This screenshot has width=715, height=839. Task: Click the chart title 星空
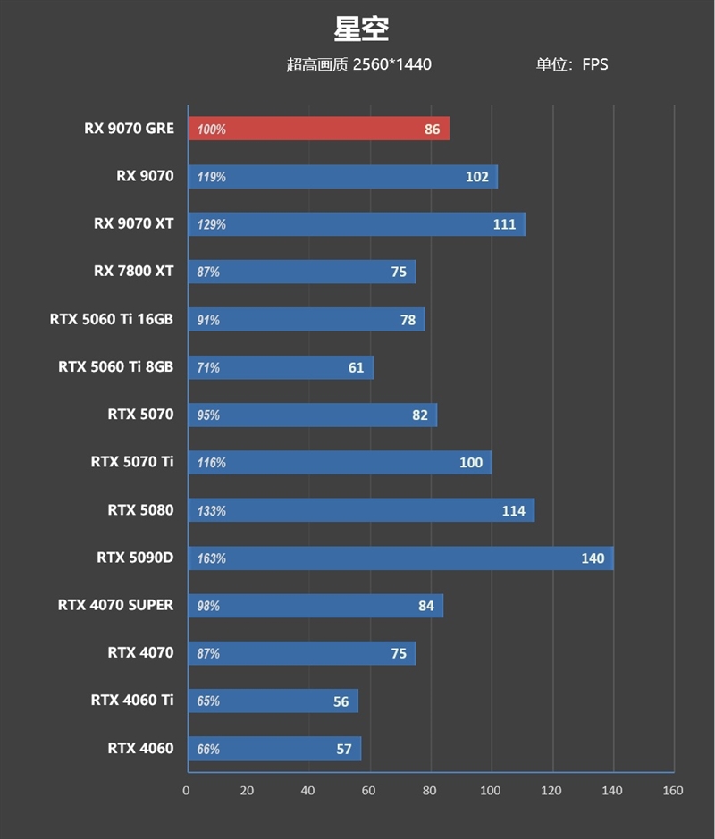361,29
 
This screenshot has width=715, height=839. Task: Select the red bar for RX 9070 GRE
318,129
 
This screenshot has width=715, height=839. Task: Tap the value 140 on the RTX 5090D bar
593,558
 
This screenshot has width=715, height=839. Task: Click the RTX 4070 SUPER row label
115,605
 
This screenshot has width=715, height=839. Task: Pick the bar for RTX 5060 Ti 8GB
281,367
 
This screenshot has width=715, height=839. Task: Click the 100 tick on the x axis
490,790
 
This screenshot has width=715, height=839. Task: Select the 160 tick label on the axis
672,790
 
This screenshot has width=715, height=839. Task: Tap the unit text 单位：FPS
572,64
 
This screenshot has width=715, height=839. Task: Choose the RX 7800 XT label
133,271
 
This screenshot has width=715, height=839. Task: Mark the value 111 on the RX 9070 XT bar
505,224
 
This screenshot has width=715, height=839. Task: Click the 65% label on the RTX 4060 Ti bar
208,701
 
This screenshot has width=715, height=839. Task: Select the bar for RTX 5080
361,510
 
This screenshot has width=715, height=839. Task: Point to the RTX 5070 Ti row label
132,462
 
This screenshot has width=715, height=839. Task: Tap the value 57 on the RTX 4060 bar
344,749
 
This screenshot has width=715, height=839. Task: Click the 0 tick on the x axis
186,790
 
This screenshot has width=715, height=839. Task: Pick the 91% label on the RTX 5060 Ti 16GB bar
208,320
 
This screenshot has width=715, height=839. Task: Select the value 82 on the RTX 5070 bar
420,415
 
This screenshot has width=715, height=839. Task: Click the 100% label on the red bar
212,130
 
